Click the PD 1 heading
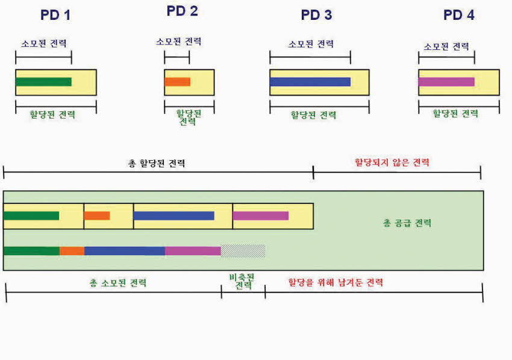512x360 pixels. point(55,15)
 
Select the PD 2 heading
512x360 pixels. point(182,11)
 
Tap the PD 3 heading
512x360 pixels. point(316,15)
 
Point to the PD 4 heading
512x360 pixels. point(459,15)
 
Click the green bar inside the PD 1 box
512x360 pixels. point(43,82)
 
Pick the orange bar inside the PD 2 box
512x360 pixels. point(177,82)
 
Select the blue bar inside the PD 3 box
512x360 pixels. point(310,82)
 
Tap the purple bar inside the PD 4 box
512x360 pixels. point(446,82)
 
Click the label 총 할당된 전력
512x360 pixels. point(157,163)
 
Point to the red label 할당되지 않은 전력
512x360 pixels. point(392,162)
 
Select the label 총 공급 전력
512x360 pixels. point(407,223)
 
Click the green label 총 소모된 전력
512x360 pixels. point(118,283)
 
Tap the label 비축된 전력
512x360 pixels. point(242,282)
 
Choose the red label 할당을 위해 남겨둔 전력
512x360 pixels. point(336,282)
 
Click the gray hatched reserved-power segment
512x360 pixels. point(243,251)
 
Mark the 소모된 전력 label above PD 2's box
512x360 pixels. point(178,42)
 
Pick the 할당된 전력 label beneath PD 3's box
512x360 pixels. point(313,115)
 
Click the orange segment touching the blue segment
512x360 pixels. point(72,251)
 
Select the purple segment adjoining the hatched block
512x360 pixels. point(193,251)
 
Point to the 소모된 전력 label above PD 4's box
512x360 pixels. point(446,47)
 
